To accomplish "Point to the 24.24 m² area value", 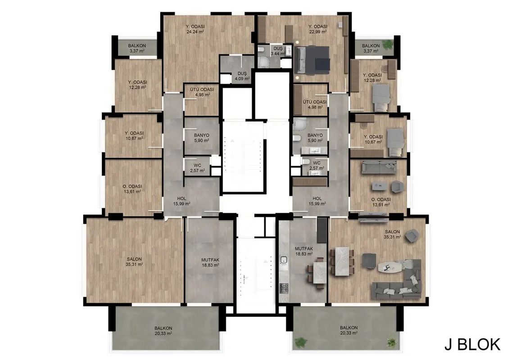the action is point(195,31).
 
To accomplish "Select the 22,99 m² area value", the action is point(318,31).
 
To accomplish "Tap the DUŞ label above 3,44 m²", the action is point(278,48).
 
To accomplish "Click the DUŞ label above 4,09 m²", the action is point(242,73).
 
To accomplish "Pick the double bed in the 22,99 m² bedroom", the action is point(312,60).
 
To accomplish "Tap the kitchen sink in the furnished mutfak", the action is point(283,260).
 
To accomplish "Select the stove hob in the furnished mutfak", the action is point(284,288).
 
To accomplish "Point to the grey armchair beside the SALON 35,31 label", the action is point(412,236).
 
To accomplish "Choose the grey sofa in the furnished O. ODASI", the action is point(379,167).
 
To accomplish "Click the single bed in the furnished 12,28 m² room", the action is point(381,98).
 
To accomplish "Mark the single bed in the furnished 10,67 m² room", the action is point(395,142).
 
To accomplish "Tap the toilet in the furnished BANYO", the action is point(297,139).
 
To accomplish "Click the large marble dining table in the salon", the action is point(342,262).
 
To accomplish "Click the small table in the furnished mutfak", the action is point(319,273).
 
